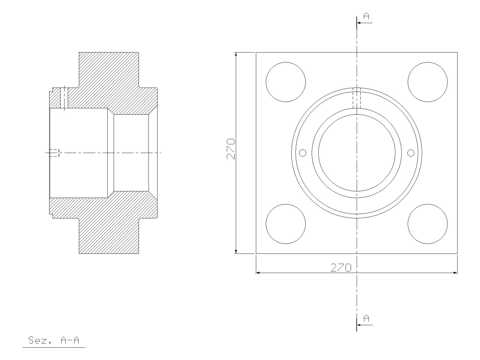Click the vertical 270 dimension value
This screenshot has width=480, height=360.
click(231, 149)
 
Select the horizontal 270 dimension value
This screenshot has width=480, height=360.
click(341, 268)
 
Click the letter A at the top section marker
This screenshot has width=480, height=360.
click(366, 16)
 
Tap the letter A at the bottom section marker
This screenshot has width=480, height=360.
click(366, 318)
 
